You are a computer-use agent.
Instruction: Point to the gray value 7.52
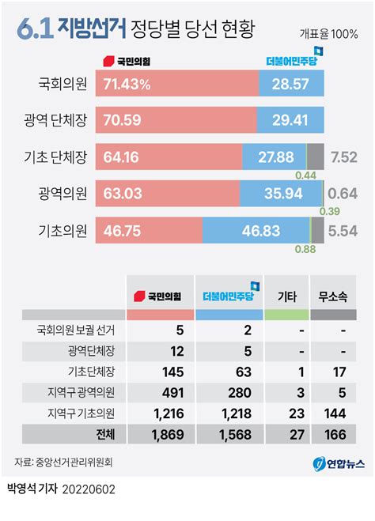click(344, 157)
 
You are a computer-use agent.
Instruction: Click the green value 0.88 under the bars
click(305, 250)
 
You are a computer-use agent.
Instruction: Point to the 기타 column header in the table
click(286, 296)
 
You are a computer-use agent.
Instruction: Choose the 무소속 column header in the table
click(332, 296)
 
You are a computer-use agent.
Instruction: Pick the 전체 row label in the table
click(104, 434)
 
